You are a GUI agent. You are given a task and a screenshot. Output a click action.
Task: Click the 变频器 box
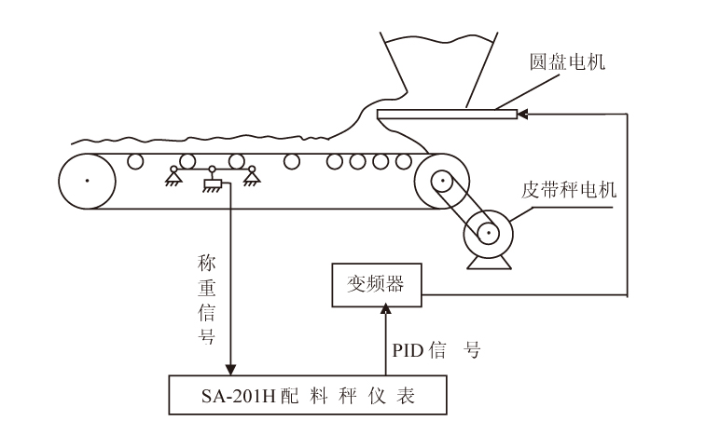[375, 286]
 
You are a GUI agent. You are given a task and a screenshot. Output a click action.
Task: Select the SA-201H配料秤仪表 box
[308, 396]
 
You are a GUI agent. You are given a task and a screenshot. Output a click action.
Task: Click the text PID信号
[435, 351]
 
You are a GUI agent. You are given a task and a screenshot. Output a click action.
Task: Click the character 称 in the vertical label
[207, 264]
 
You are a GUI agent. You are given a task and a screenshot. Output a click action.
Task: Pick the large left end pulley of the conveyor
[87, 180]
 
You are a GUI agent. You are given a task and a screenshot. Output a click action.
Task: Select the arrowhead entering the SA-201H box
[230, 369]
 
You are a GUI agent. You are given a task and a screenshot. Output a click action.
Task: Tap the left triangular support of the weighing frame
[173, 175]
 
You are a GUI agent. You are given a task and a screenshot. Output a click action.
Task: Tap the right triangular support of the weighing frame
[250, 175]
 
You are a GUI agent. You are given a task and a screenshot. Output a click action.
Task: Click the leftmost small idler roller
[136, 161]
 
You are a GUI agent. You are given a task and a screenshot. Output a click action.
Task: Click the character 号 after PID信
[473, 351]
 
